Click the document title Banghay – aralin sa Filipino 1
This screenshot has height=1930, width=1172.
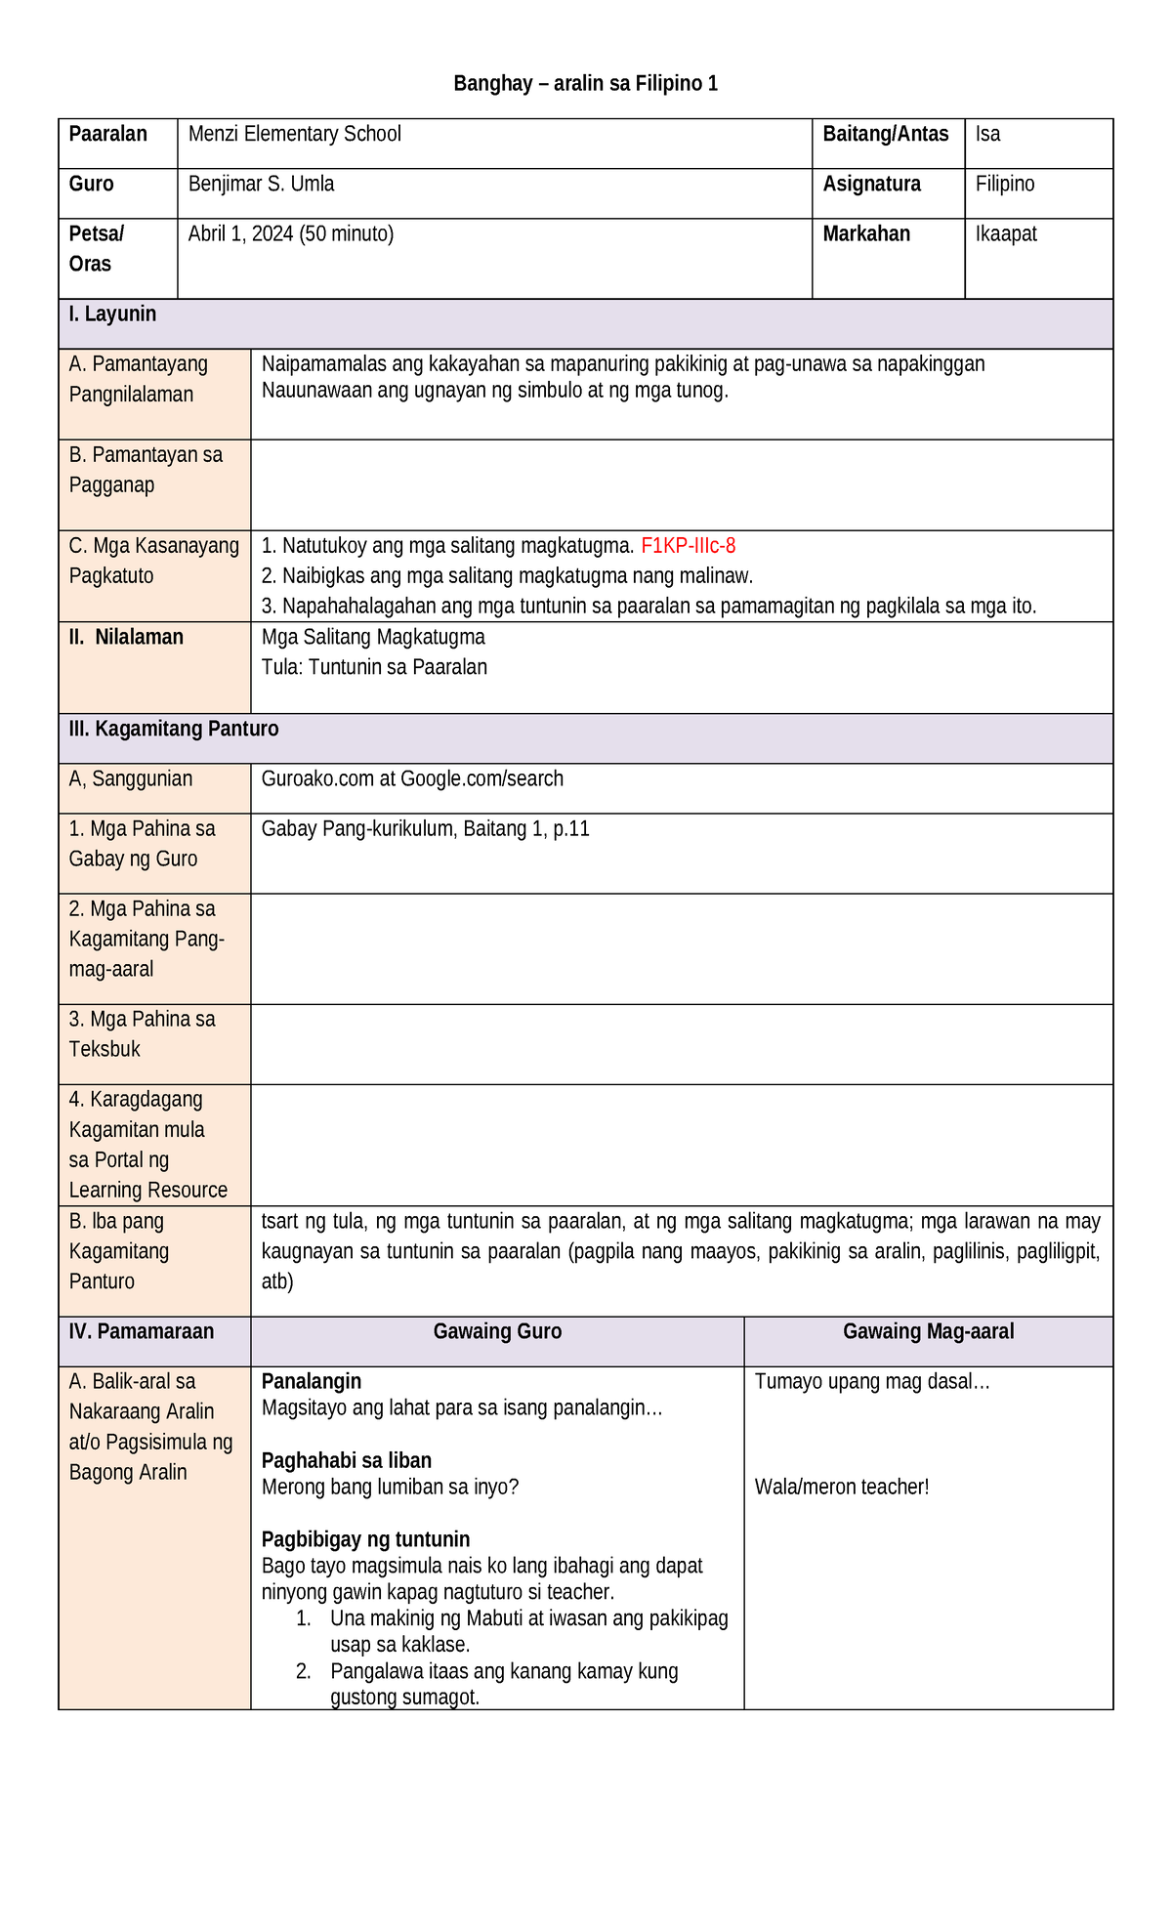click(585, 84)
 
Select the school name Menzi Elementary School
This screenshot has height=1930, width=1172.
click(294, 134)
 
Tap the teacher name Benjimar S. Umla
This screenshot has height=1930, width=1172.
click(261, 184)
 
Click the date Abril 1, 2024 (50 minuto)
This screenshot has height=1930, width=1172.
click(291, 233)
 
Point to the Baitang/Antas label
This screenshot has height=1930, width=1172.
click(885, 134)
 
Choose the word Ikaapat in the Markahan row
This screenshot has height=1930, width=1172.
click(1006, 233)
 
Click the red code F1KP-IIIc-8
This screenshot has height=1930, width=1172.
click(688, 546)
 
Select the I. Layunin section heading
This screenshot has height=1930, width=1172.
click(112, 315)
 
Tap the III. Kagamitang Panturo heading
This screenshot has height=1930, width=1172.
click(174, 729)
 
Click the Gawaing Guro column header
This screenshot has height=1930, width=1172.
click(497, 1331)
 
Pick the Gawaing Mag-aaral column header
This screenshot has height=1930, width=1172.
click(928, 1331)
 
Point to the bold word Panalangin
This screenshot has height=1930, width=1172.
click(312, 1381)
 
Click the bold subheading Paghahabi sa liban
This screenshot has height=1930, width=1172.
click(347, 1460)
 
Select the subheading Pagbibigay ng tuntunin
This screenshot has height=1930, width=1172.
click(365, 1539)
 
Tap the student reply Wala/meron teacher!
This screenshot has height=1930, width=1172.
click(842, 1487)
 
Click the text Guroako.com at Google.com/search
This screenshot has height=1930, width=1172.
click(412, 778)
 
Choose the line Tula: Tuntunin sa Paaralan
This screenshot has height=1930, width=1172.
click(374, 667)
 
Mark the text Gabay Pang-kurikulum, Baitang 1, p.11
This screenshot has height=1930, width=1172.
click(425, 828)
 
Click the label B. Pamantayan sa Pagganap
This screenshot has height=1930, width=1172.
click(146, 470)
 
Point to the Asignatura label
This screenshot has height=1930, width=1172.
click(871, 184)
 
